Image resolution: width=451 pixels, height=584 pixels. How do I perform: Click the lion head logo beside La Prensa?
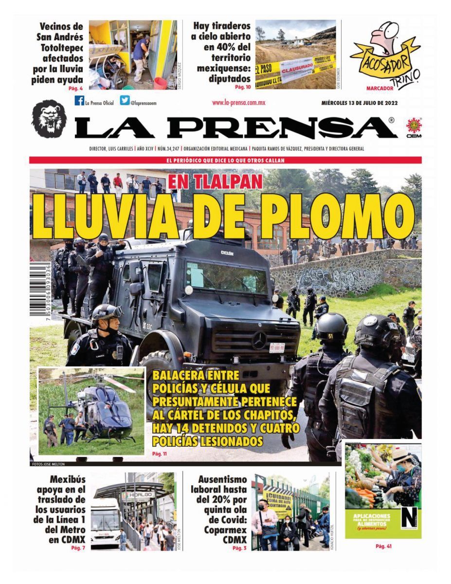pyautogui.click(x=49, y=118)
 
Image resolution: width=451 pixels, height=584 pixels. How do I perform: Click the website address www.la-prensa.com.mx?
pyautogui.click(x=238, y=103)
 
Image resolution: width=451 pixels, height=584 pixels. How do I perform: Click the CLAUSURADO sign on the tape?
pyautogui.click(x=296, y=68)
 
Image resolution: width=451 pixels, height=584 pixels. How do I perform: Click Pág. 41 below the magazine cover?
pyautogui.click(x=383, y=546)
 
